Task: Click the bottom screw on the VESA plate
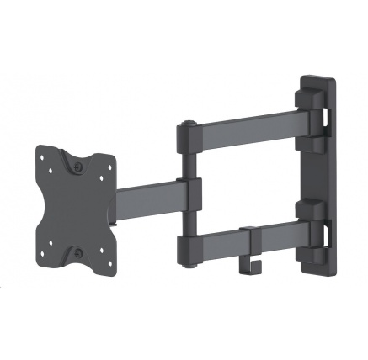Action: [x=77, y=251]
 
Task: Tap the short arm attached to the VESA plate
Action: [x=147, y=199]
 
